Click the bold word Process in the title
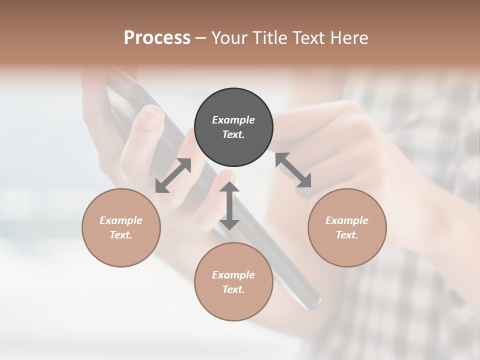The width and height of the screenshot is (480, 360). (157, 38)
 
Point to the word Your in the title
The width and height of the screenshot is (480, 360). (230, 38)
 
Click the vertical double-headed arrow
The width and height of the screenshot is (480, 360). (229, 205)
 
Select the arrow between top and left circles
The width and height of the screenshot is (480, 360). (173, 175)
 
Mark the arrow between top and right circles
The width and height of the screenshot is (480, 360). (293, 170)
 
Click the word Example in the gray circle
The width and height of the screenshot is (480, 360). (233, 120)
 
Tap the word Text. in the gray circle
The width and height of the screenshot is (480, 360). (233, 134)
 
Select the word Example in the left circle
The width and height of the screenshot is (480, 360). (121, 220)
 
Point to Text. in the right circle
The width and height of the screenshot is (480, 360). (347, 235)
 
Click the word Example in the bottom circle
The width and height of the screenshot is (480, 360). (233, 275)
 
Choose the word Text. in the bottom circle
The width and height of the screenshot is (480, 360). (233, 289)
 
